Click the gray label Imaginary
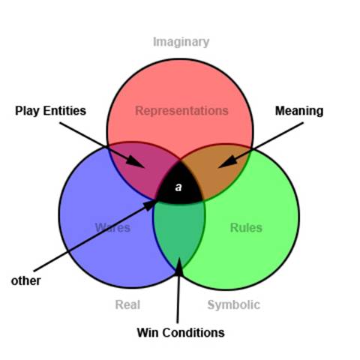pos(181,42)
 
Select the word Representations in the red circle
pos(181,111)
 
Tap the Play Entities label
pos(50,111)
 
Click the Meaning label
pos(299,111)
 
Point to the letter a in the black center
pos(178,187)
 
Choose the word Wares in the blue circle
pos(112,227)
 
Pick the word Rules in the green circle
pos(246,227)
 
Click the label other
pos(25,280)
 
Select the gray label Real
pos(127,304)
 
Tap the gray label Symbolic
pos(234,305)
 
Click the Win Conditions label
pos(181,333)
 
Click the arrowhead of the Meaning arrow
pos(227,162)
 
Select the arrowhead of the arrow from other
pos(150,205)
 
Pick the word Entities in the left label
pos(64,111)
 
